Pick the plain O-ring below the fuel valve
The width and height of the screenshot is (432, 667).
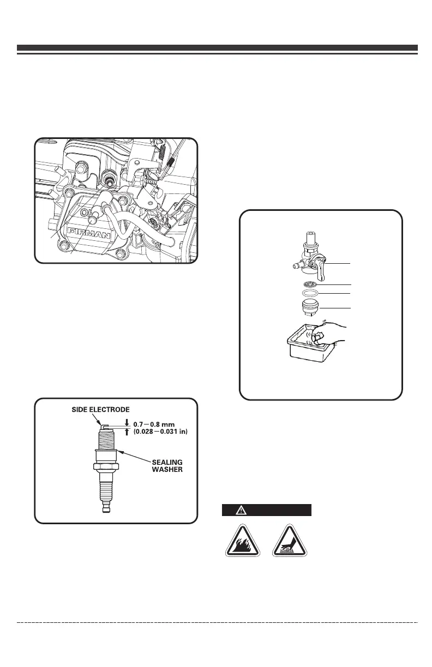click(x=311, y=293)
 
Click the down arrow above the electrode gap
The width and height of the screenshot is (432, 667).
click(x=127, y=420)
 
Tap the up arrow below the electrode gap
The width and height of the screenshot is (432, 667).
click(x=127, y=432)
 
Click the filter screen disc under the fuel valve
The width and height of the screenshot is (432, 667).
click(x=311, y=284)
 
